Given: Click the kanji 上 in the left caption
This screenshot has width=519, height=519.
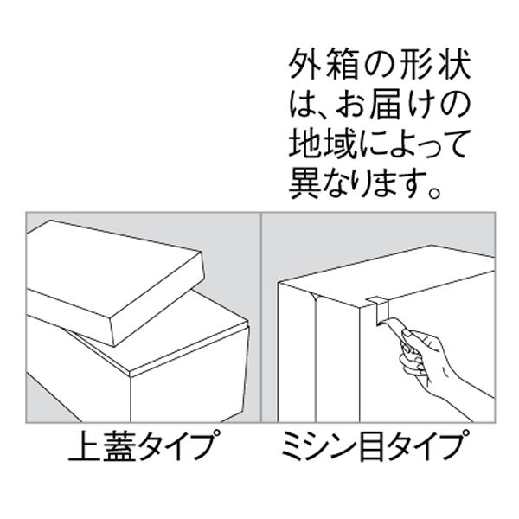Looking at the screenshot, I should pos(82,451).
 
